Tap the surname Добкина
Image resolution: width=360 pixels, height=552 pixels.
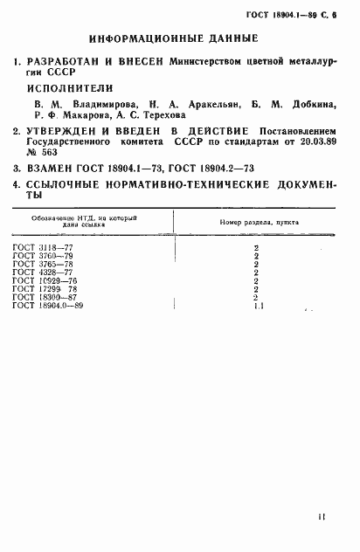312,105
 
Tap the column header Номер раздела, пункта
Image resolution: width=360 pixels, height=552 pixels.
257,222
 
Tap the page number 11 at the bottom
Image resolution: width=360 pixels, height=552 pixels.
322,516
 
